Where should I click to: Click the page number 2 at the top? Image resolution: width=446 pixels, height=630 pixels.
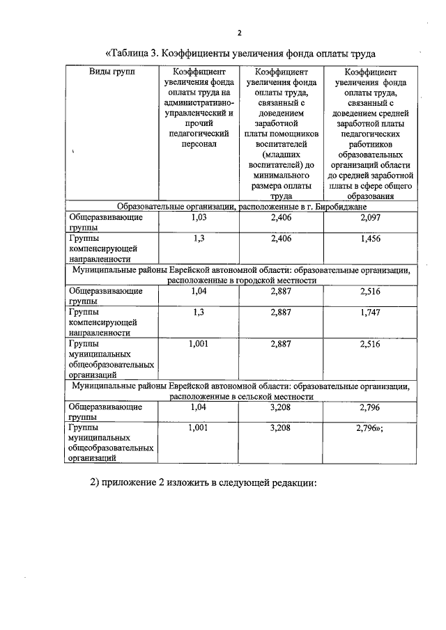click(x=239, y=33)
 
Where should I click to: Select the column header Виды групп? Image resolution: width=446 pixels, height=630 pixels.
click(x=112, y=72)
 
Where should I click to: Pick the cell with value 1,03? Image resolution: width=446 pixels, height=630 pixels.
click(x=199, y=217)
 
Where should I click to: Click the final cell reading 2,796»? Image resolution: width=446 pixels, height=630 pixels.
click(x=370, y=427)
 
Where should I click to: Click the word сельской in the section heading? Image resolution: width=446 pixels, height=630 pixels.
click(x=254, y=396)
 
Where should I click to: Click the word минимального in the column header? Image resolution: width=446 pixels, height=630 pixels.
click(x=280, y=175)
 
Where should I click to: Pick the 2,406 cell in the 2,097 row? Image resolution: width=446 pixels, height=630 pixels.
click(x=281, y=217)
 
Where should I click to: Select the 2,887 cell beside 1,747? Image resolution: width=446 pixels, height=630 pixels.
click(x=281, y=313)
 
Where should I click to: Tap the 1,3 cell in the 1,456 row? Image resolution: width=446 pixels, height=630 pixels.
click(x=199, y=237)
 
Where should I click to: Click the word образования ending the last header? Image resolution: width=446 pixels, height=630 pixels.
click(x=371, y=196)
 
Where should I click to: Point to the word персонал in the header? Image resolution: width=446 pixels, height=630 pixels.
click(x=199, y=143)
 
